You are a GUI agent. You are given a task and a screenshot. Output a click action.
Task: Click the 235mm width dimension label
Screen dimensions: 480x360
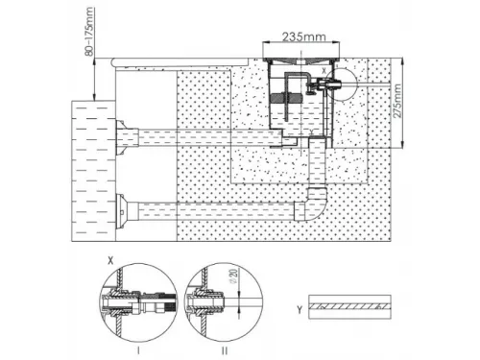tap(303, 36)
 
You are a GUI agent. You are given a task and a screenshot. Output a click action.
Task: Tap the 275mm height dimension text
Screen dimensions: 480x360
tap(396, 101)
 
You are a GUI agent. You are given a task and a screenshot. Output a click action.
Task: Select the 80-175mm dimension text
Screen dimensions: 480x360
tap(89, 32)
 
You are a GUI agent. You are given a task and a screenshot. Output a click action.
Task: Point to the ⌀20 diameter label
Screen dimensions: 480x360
tap(234, 276)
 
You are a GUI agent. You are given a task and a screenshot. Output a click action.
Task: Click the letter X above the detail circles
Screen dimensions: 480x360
tap(110, 261)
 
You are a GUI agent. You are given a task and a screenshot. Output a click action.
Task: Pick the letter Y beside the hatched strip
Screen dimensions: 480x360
tap(300, 309)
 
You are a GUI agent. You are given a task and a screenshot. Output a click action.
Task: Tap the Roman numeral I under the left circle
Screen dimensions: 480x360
tap(138, 350)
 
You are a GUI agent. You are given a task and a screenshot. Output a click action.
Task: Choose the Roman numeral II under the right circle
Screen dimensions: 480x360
tap(225, 350)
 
